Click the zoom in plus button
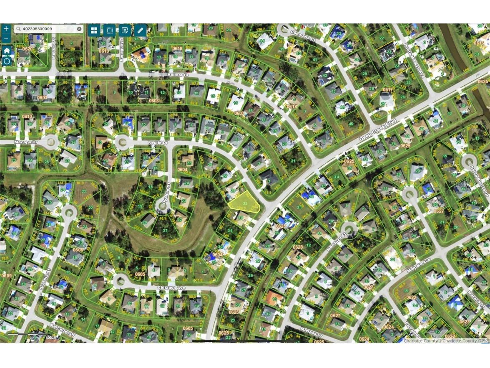(6, 29)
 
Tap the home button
(7, 51)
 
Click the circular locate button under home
(7, 61)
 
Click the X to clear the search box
(79, 29)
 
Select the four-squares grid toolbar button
(94, 30)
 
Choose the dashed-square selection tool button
(109, 30)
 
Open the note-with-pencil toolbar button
(124, 30)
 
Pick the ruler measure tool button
(140, 30)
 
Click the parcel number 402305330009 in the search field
(38, 29)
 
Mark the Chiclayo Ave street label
(171, 288)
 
